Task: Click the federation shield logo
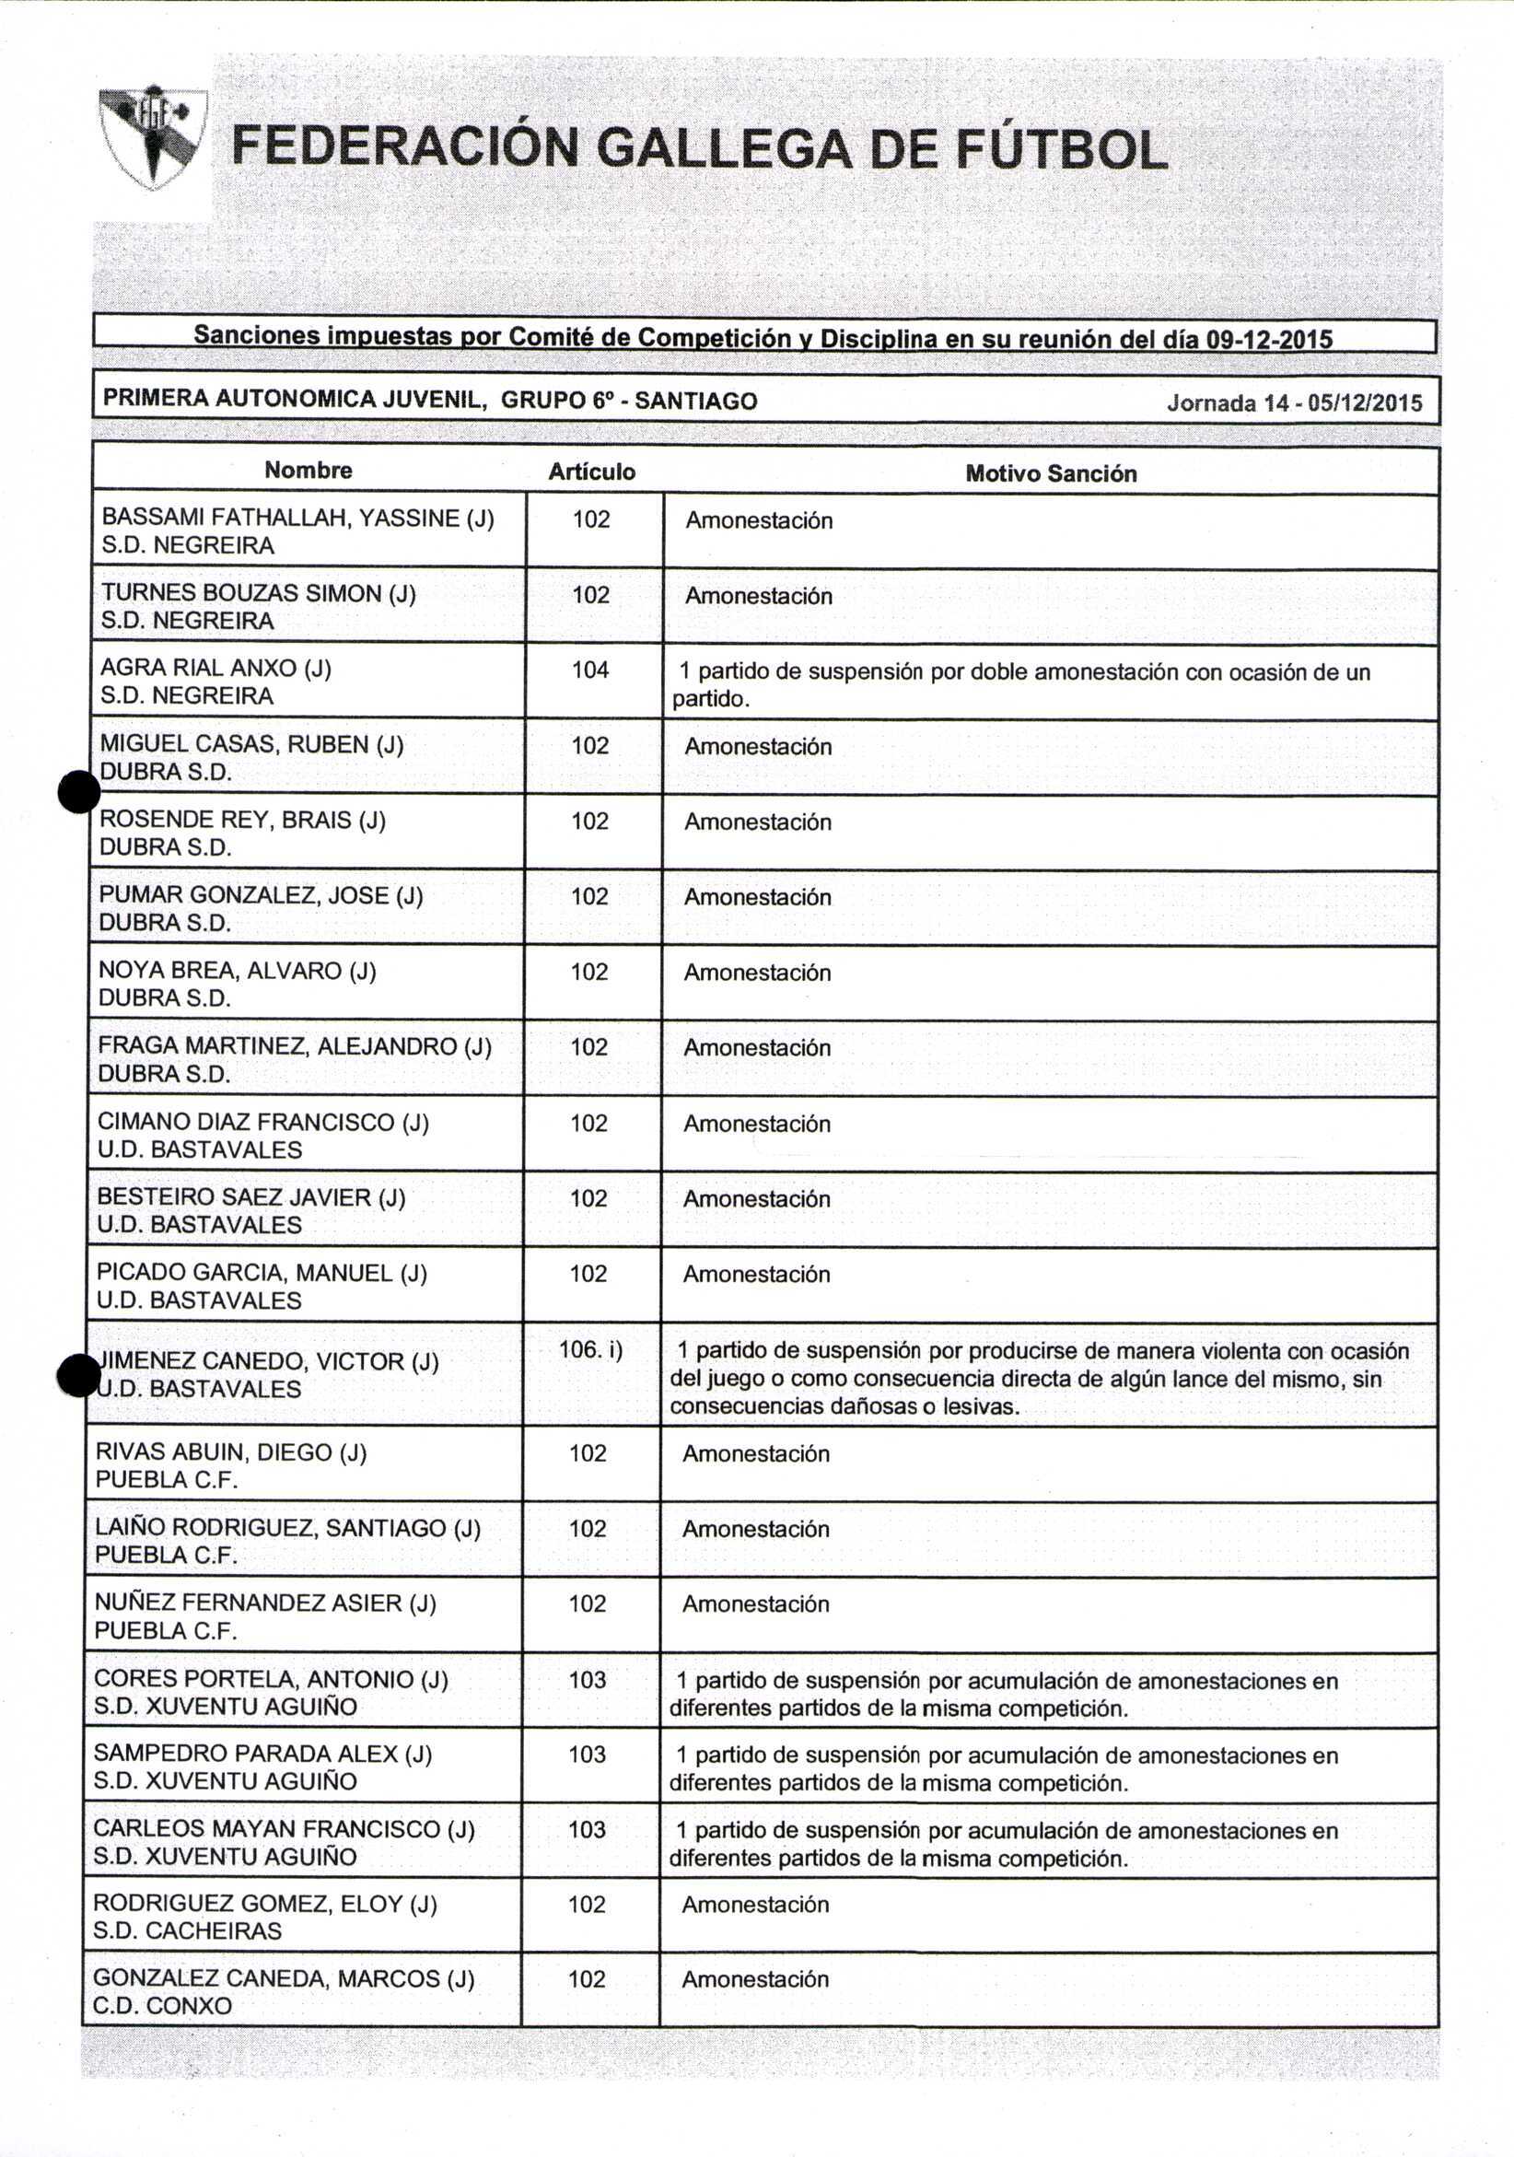tap(152, 136)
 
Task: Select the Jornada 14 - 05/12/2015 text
tap(1294, 403)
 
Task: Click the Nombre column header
tap(309, 470)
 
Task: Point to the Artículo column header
tap(592, 472)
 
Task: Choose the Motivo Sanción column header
tap(1050, 473)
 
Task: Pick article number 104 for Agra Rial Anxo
tap(590, 670)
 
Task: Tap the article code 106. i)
tap(590, 1350)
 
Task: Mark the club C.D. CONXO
tap(161, 2006)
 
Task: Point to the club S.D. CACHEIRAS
tap(187, 1930)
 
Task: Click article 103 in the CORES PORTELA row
tap(587, 1680)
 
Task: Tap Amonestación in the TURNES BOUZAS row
tap(758, 596)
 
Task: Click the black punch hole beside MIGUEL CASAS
tap(79, 792)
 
